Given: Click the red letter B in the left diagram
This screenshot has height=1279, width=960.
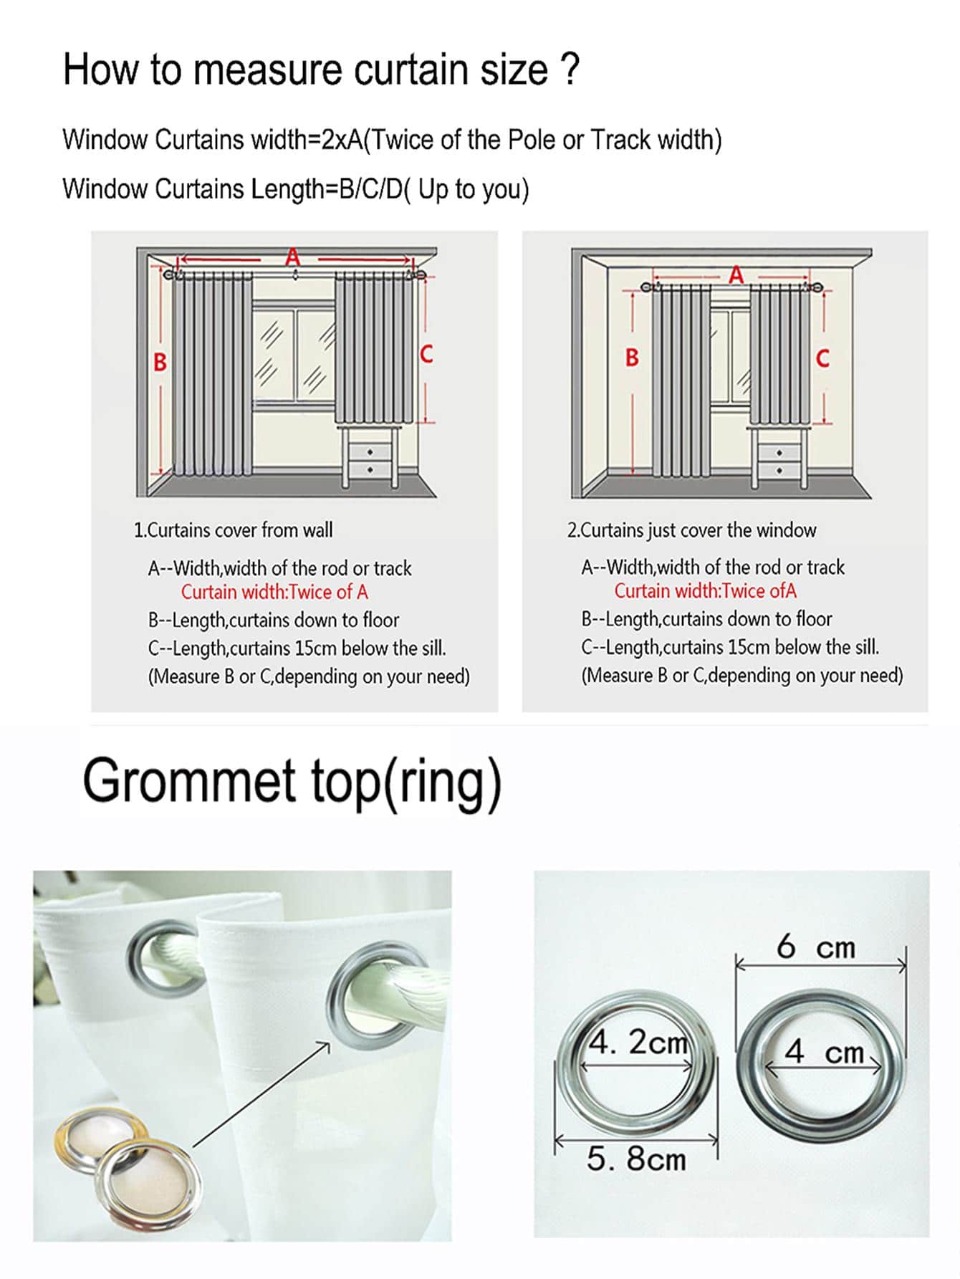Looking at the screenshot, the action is tap(160, 362).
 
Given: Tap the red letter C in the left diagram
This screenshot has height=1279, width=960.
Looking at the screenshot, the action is tap(426, 354).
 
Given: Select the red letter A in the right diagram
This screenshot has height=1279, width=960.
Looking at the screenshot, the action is tap(736, 274).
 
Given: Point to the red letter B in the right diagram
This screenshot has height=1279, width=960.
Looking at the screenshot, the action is tap(632, 358).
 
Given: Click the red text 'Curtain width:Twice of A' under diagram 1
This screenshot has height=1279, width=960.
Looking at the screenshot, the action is tap(274, 592).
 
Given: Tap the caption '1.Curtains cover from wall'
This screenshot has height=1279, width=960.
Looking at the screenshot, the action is tap(234, 530).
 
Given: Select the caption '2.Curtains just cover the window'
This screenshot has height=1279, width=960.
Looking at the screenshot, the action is tap(692, 530).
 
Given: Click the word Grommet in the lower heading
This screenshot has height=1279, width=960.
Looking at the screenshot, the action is tap(189, 781).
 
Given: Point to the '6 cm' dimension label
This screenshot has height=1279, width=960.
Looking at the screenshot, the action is tap(816, 947).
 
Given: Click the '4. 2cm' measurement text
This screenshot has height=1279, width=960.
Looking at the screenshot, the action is tap(638, 1043).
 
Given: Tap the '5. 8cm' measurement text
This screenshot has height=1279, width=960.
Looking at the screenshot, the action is tap(636, 1159).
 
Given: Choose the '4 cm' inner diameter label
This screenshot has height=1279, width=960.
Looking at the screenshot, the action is tap(825, 1052).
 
